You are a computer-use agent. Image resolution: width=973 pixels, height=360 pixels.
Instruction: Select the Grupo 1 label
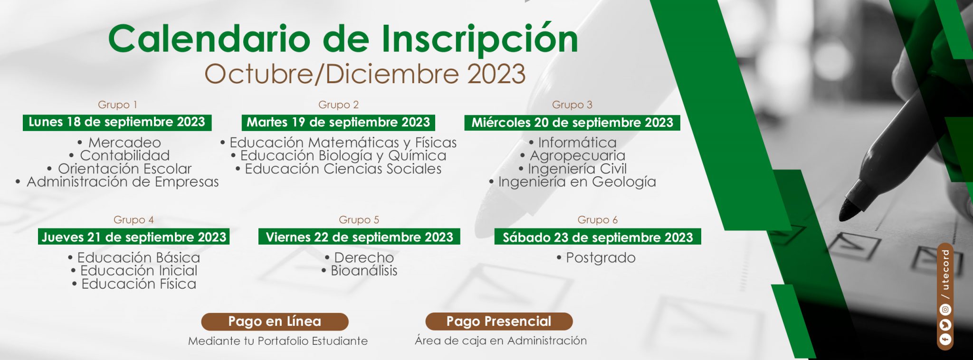[x=117, y=104]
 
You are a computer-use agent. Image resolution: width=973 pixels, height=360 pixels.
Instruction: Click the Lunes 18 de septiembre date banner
[x=117, y=122]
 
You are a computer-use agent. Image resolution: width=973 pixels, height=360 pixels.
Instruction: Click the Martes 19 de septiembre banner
[x=338, y=122]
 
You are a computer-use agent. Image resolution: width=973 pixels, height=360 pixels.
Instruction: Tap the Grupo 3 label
[x=572, y=104]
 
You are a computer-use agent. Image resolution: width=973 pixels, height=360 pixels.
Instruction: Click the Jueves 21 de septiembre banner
[x=134, y=237]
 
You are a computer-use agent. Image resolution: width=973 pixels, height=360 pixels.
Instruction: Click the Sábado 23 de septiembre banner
[x=598, y=237]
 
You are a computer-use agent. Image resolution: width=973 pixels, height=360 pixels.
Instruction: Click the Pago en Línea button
[x=275, y=322]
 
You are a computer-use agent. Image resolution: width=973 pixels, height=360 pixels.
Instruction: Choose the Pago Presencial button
[x=499, y=321]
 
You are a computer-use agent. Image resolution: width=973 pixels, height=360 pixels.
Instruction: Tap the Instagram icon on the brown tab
[x=945, y=310]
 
